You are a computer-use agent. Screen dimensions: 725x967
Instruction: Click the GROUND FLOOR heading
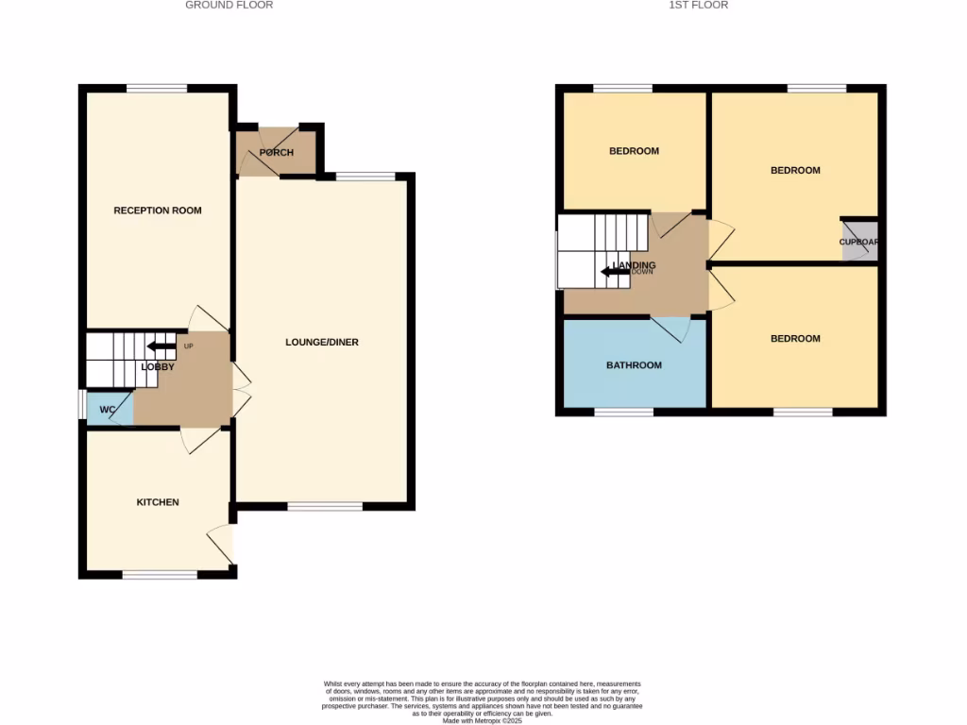[229, 6]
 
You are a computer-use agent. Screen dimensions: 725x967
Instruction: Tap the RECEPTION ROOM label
[158, 211]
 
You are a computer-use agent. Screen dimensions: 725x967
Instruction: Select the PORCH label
[276, 153]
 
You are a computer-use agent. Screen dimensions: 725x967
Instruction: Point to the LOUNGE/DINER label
[322, 343]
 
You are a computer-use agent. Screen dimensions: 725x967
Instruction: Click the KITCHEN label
[158, 502]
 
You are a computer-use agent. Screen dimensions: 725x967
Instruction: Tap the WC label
[108, 410]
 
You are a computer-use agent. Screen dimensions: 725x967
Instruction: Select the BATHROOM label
[634, 365]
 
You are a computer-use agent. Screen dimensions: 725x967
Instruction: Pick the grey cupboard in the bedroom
[859, 241]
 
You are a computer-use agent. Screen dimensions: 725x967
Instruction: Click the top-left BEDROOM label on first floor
[634, 151]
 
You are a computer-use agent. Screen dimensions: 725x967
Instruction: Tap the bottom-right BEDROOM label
[795, 339]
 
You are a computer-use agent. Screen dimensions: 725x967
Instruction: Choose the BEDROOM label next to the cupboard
[795, 171]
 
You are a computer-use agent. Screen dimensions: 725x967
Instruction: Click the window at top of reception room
[157, 89]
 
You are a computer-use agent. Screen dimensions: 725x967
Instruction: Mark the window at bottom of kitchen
[160, 574]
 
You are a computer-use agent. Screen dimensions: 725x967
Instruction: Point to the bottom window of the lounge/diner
[325, 507]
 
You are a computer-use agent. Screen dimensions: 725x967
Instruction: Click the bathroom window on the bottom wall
[623, 412]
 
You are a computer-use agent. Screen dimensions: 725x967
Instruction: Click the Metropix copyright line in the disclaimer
[483, 721]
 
